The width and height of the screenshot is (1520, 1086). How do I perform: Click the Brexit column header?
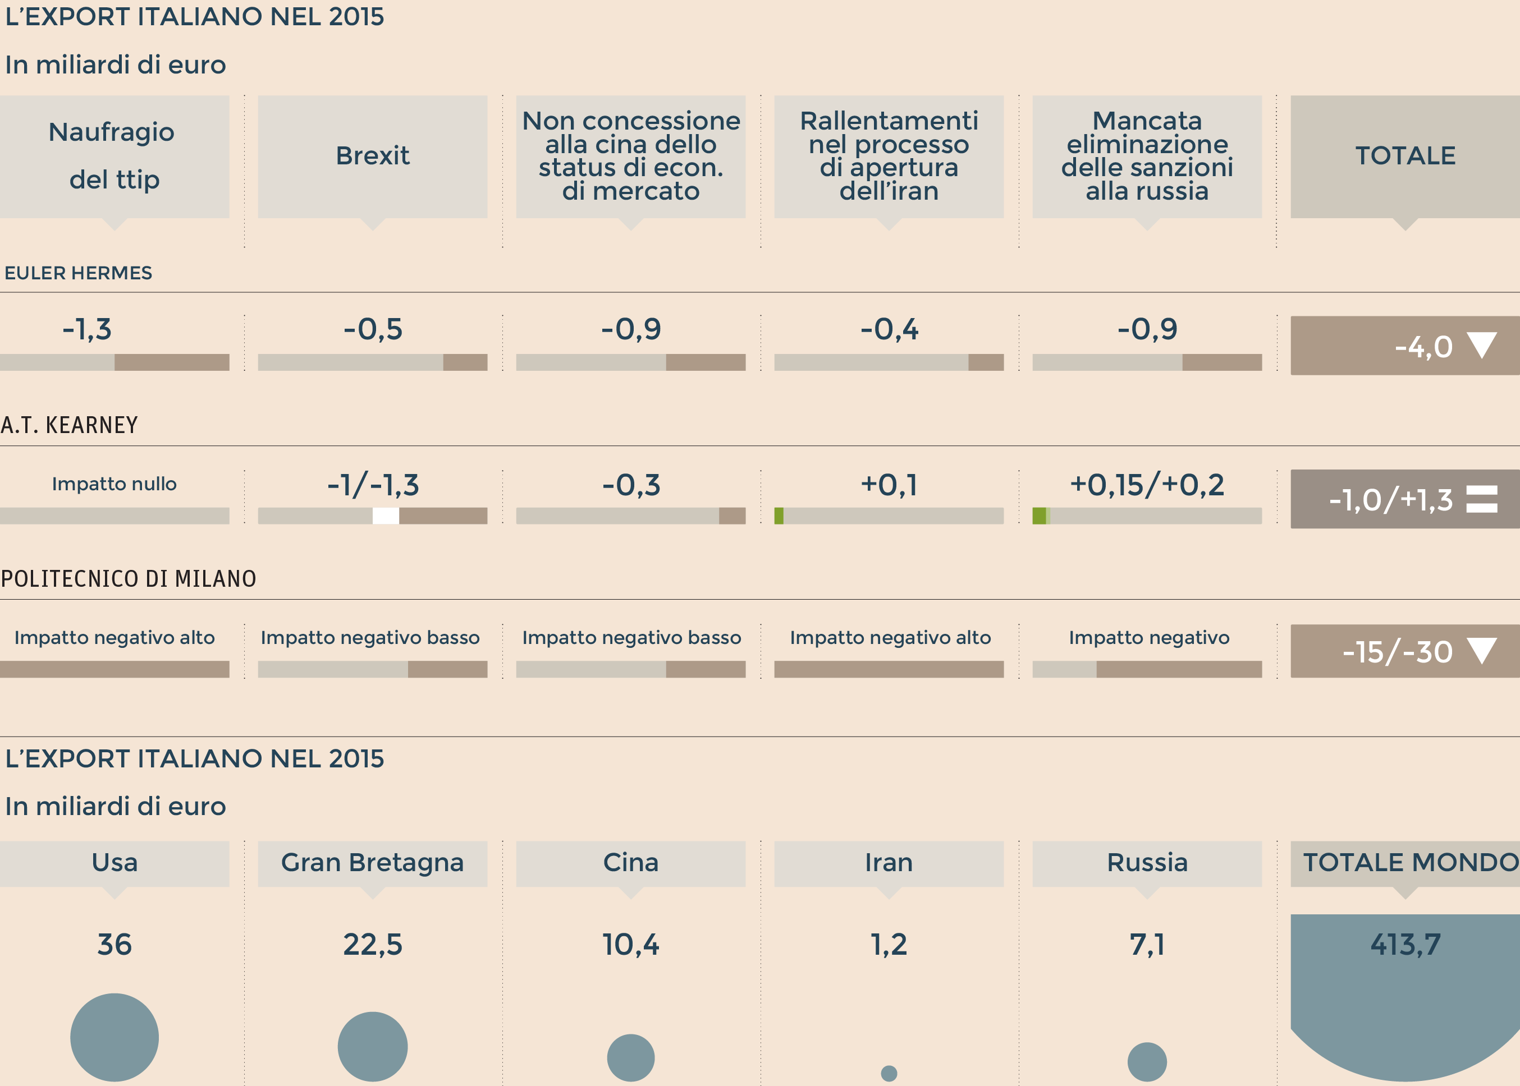click(x=373, y=156)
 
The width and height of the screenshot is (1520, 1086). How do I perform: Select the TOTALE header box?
click(x=1405, y=156)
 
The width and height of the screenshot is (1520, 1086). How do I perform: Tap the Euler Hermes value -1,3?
click(x=87, y=329)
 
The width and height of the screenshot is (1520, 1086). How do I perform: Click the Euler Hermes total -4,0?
click(x=1423, y=347)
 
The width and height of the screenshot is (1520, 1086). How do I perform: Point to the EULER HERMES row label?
click(x=78, y=273)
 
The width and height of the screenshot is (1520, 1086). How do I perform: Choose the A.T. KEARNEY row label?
click(x=70, y=425)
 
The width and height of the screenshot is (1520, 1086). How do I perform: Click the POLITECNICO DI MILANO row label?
click(x=129, y=578)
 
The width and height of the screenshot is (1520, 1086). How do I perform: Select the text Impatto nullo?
click(x=115, y=484)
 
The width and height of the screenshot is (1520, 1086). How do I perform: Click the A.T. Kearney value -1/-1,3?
click(x=373, y=485)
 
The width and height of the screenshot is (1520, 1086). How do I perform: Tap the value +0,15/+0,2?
click(x=1147, y=485)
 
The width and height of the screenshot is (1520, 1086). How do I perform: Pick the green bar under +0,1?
click(x=779, y=516)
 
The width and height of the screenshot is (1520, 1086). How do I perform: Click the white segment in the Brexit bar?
click(x=386, y=516)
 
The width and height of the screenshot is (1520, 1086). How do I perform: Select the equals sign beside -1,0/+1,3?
click(x=1481, y=499)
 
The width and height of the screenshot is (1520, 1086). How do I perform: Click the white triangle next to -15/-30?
click(x=1481, y=650)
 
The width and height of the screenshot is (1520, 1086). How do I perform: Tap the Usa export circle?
click(x=115, y=1037)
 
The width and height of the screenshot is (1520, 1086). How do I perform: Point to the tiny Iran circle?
click(x=889, y=1073)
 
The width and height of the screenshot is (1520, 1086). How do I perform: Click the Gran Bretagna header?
click(x=373, y=863)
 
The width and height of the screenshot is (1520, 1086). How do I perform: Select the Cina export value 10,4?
click(x=630, y=944)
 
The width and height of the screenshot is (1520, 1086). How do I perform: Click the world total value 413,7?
click(x=1405, y=944)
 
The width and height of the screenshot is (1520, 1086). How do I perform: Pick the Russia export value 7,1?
click(x=1147, y=944)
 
